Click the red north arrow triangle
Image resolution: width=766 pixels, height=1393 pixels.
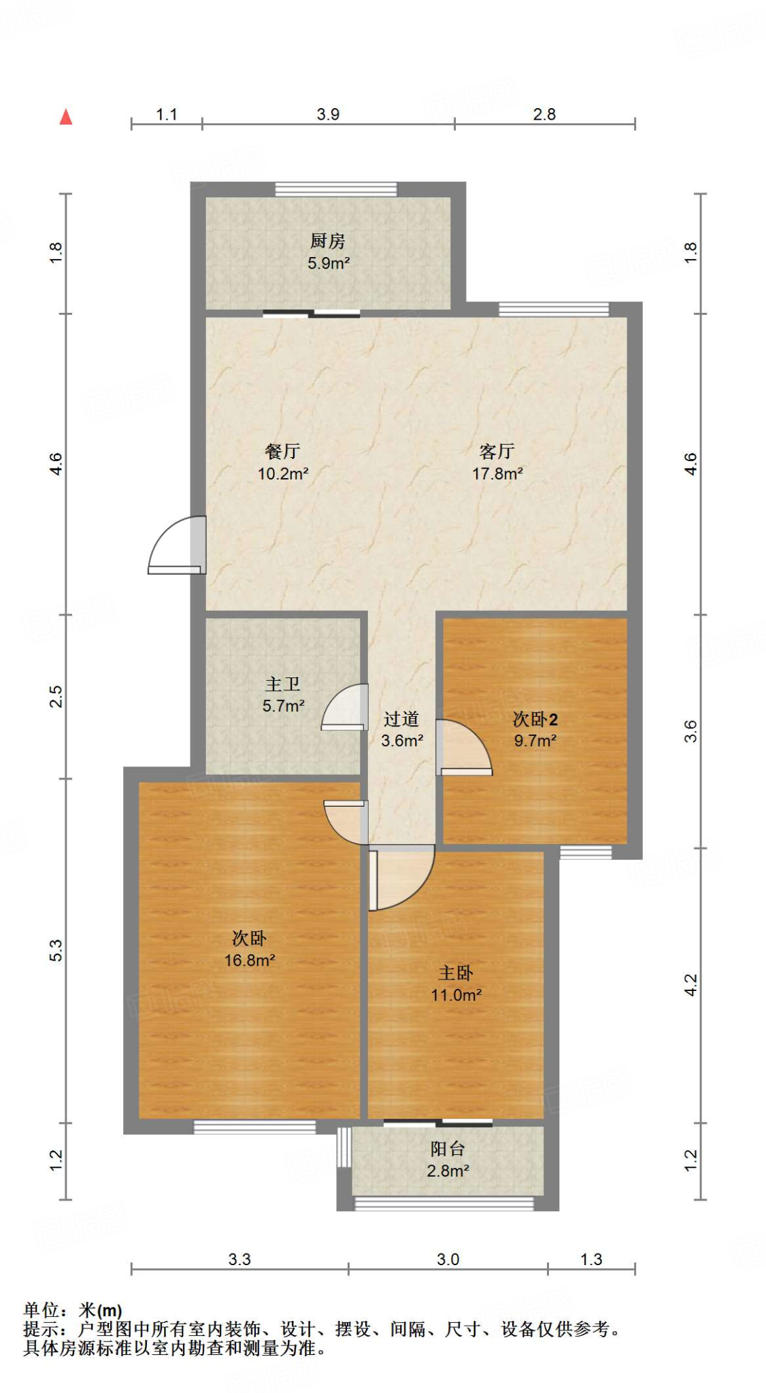[x=66, y=117]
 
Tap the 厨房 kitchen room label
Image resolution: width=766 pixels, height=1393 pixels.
[x=327, y=241]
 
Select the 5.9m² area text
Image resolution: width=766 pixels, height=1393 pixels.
[x=329, y=264]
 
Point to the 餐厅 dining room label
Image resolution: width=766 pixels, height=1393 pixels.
[x=282, y=451]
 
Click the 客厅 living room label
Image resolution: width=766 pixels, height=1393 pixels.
[x=497, y=451]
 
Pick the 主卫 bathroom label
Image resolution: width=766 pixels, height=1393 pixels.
[x=282, y=684]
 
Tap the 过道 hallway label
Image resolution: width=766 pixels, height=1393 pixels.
[x=401, y=719]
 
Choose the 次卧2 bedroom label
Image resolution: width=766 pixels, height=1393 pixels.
[x=535, y=719]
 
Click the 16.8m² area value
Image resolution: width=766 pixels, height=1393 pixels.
[x=250, y=960]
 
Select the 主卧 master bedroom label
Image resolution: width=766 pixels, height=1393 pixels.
[x=455, y=973]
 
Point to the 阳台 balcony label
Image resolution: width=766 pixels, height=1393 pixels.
[x=448, y=1149]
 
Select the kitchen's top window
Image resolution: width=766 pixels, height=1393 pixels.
[x=335, y=189]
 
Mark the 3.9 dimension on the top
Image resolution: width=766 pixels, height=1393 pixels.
[x=328, y=114]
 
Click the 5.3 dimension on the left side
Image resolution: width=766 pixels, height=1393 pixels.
[x=56, y=950]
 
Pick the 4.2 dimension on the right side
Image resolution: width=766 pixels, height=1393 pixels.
[x=690, y=985]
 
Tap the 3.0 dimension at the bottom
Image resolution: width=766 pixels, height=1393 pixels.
[x=448, y=1260]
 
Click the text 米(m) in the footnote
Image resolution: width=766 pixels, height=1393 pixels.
[x=100, y=1310]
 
